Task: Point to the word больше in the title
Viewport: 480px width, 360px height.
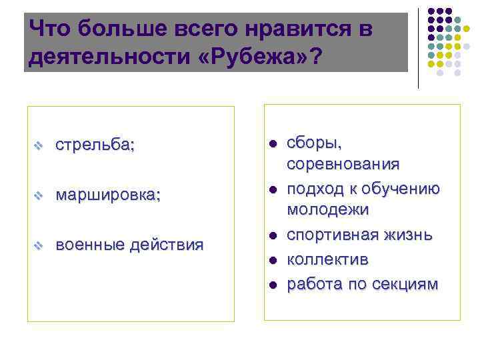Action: coord(119,29)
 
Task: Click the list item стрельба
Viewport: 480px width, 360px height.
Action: coord(95,145)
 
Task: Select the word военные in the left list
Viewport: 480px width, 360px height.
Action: coord(89,245)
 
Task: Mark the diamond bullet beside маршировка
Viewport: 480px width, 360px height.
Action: coord(39,196)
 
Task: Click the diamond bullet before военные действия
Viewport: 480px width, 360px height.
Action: coord(39,245)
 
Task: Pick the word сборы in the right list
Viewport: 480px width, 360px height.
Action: coord(314,143)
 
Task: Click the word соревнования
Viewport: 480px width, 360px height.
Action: coord(343,164)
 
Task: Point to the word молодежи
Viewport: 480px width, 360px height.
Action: coord(327,210)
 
